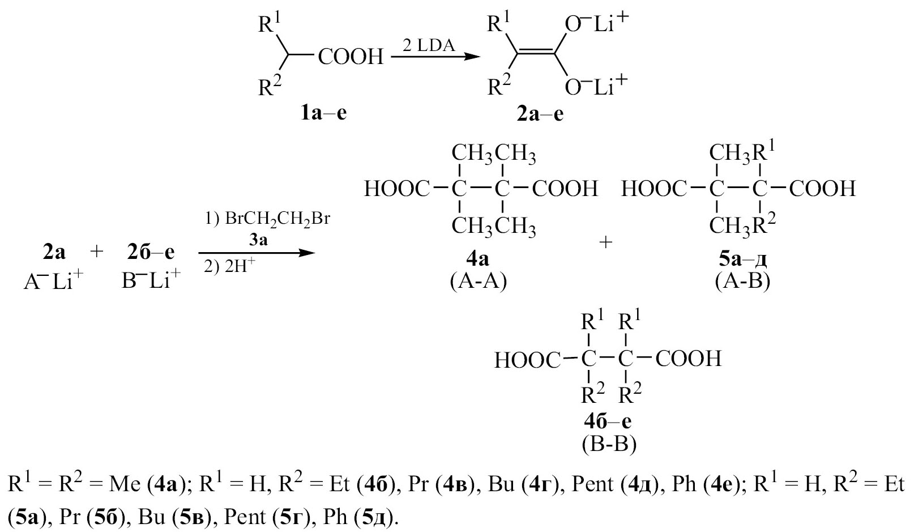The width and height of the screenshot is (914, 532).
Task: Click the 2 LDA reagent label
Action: pos(429,46)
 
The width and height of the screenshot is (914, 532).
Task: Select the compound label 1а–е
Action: pos(323,113)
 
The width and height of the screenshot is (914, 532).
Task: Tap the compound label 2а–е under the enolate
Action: pos(540,114)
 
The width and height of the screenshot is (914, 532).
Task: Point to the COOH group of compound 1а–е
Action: pos(351,56)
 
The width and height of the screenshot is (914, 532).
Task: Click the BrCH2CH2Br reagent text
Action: pos(277,220)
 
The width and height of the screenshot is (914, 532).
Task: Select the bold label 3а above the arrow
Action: pos(258,240)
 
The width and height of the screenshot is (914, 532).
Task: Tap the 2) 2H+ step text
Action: pos(230,266)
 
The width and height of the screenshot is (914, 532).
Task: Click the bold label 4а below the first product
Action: pos(478,259)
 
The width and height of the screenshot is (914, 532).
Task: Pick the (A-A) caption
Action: pos(478,282)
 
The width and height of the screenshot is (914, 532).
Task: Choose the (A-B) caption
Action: pos(742,282)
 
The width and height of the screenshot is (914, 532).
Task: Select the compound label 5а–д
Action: pos(742,259)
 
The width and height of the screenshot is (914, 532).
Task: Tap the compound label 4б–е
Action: pos(608,422)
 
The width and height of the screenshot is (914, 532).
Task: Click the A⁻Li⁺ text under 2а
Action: pos(53,281)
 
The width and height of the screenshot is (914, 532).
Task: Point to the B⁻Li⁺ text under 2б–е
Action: pos(151,281)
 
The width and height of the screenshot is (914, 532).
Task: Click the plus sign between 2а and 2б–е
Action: pos(97,252)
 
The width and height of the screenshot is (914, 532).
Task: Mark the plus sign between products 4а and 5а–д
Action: pos(606,242)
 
